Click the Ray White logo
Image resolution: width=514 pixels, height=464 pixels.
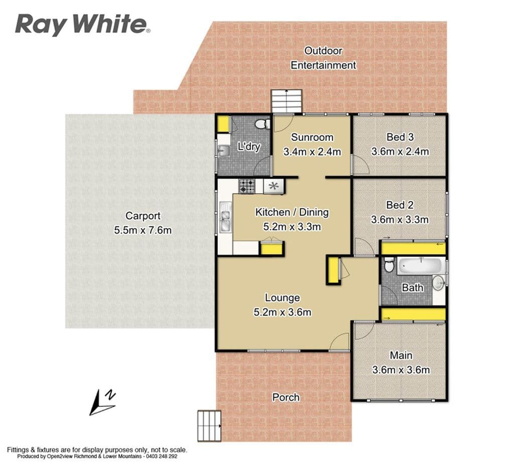83,24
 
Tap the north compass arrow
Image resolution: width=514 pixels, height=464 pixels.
102,403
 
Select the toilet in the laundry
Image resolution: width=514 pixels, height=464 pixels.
263,124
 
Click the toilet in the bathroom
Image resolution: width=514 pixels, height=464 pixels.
389,264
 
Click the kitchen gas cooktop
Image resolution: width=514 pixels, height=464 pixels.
247,187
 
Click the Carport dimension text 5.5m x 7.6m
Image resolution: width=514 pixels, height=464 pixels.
143,230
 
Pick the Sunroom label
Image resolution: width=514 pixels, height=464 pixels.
312,137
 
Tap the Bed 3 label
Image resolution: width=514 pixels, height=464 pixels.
400,136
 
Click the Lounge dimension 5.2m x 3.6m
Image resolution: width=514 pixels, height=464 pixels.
282,313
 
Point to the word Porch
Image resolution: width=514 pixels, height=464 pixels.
286,397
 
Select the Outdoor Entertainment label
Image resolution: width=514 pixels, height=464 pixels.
323,58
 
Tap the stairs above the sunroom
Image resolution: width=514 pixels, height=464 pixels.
287,101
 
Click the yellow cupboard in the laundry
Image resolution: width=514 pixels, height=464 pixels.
224,123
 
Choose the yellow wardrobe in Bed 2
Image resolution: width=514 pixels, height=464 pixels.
413,248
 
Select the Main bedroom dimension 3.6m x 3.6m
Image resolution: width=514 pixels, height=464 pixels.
401,370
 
